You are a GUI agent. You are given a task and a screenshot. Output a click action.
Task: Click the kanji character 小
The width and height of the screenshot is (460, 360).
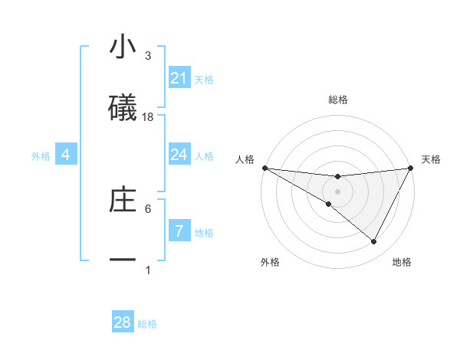(123, 47)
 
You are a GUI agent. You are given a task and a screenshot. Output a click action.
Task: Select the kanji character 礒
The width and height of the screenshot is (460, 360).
(123, 108)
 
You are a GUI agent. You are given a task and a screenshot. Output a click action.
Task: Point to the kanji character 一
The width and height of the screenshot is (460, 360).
(123, 260)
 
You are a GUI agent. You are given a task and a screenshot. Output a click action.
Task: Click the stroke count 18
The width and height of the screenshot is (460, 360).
(148, 117)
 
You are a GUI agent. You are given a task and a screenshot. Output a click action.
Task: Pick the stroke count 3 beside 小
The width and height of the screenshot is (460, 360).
(148, 56)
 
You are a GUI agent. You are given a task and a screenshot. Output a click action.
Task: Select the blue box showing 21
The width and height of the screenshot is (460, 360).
(179, 78)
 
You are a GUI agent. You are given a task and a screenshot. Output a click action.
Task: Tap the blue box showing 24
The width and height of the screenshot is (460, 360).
(179, 155)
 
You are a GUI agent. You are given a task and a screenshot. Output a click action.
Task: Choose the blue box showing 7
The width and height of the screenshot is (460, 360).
(179, 231)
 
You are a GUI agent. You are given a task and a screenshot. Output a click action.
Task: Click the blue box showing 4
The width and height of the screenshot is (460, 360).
(66, 155)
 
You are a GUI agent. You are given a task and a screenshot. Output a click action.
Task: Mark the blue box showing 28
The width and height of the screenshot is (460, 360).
(123, 322)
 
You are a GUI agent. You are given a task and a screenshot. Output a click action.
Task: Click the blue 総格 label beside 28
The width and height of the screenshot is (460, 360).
(147, 324)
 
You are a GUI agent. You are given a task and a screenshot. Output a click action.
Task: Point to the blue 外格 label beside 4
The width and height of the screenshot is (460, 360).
(41, 155)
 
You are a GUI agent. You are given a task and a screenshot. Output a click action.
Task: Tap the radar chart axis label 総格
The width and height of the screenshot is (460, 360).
(337, 100)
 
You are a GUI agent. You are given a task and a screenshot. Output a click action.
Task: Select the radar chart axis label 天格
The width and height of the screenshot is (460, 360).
(432, 159)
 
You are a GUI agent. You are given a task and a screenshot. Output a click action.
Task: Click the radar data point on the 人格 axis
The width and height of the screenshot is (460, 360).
(264, 168)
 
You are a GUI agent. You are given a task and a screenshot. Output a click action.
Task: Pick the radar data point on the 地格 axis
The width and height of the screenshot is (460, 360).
(374, 242)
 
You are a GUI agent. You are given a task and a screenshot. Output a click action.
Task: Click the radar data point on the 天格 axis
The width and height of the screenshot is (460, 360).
(411, 168)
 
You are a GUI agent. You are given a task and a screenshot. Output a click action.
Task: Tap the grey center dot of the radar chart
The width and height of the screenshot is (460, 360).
(337, 191)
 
